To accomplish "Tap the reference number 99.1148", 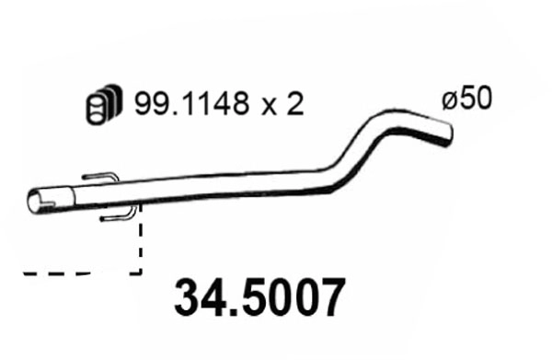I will (x=188, y=104).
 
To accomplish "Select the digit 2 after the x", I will (x=293, y=104).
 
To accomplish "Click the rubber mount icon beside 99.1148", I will (x=102, y=104).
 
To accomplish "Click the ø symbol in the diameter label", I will (x=448, y=99).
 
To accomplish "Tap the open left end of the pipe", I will (x=38, y=201).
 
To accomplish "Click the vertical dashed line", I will (x=140, y=244).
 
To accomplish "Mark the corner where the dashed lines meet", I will (x=140, y=273).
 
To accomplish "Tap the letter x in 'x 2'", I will (x=270, y=106).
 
